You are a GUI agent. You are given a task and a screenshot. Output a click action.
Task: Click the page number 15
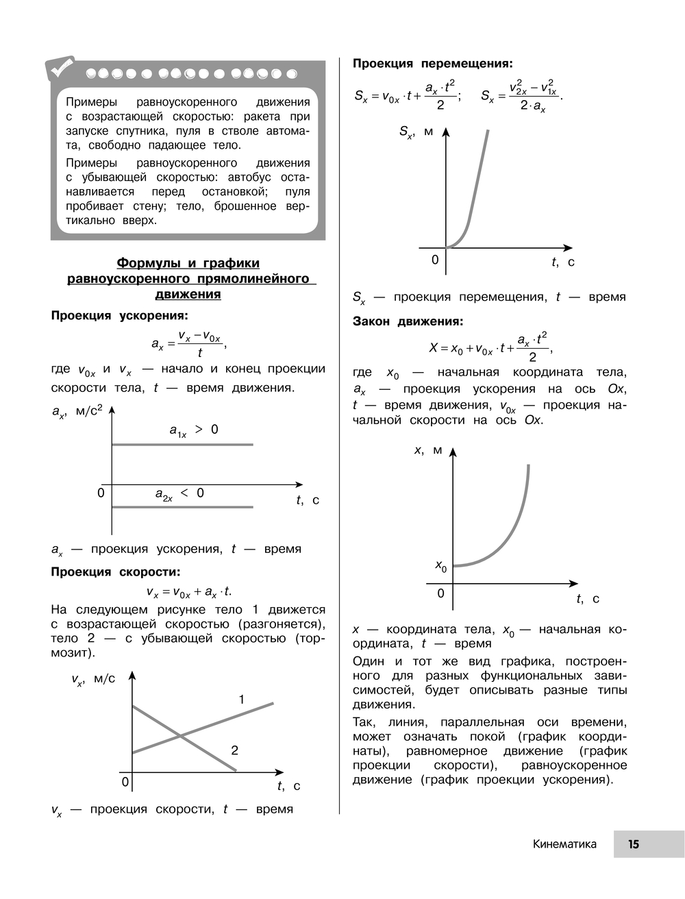pyautogui.click(x=634, y=844)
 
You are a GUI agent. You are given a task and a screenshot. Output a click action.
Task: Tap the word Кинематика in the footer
pyautogui.click(x=564, y=844)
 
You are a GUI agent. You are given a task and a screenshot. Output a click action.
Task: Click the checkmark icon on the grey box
pyautogui.click(x=61, y=68)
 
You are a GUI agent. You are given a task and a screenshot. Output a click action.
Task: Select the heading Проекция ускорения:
pyautogui.click(x=119, y=316)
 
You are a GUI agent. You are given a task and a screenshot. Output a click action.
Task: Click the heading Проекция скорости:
pyautogui.click(x=116, y=572)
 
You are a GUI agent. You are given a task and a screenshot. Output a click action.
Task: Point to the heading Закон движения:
pyautogui.click(x=408, y=321)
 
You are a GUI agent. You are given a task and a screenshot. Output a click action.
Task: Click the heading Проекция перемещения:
pyautogui.click(x=432, y=64)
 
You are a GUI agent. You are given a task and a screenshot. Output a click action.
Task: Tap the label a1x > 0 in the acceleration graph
pyautogui.click(x=193, y=430)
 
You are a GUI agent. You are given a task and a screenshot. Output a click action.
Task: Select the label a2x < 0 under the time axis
pyautogui.click(x=179, y=494)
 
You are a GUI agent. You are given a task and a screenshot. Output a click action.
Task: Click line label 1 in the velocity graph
pyautogui.click(x=241, y=700)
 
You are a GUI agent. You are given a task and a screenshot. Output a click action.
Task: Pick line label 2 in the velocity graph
pyautogui.click(x=234, y=750)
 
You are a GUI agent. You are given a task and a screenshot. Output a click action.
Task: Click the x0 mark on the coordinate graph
pyautogui.click(x=441, y=566)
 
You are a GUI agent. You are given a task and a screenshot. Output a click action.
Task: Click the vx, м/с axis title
pyautogui.click(x=93, y=680)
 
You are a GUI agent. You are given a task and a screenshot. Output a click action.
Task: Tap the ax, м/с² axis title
pyautogui.click(x=77, y=412)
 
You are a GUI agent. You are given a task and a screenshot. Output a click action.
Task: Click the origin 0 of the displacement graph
pyautogui.click(x=435, y=260)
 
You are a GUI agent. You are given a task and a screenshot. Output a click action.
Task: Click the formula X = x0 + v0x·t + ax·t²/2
pyautogui.click(x=489, y=347)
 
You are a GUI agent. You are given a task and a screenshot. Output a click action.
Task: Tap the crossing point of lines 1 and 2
pyautogui.click(x=180, y=737)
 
